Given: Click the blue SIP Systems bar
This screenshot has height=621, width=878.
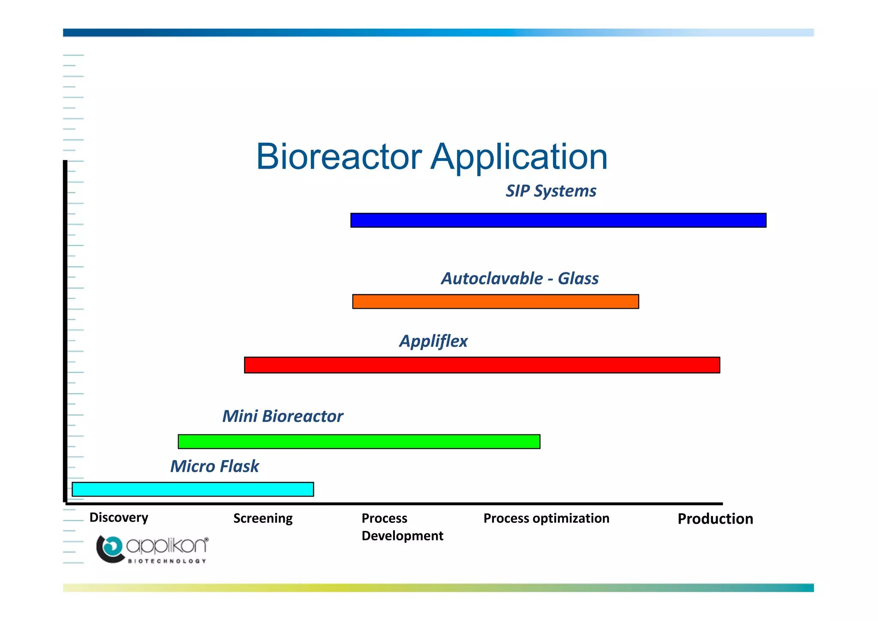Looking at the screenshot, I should click(558, 220).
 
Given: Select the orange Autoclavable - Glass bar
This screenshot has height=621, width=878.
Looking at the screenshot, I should click(496, 301).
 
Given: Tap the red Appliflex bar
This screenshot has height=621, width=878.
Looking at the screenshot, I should click(482, 365).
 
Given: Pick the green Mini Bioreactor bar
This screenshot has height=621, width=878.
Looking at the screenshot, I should click(359, 441).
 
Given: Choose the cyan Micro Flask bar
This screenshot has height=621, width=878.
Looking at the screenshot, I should click(193, 489).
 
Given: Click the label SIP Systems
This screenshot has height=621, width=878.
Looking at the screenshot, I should click(551, 191).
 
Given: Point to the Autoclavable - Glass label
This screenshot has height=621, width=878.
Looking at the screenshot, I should click(520, 279).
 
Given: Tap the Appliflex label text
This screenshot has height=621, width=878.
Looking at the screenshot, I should click(433, 341).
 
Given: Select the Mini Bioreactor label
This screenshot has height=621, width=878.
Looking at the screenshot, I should click(283, 416).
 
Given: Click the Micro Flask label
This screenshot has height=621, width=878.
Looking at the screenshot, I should click(215, 467).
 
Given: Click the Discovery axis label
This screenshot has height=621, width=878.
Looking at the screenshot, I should click(119, 518).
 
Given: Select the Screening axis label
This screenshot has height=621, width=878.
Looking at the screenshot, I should click(263, 519).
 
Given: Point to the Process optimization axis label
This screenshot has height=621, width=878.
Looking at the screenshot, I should click(546, 519).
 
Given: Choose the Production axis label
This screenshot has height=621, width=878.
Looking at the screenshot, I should click(715, 519).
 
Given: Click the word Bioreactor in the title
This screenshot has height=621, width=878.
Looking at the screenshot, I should click(339, 157).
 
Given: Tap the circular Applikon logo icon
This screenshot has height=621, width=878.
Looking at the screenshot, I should click(110, 549).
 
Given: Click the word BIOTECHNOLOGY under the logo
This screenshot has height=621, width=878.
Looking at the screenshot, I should click(167, 561).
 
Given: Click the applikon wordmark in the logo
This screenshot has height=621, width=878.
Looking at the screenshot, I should click(167, 546).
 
